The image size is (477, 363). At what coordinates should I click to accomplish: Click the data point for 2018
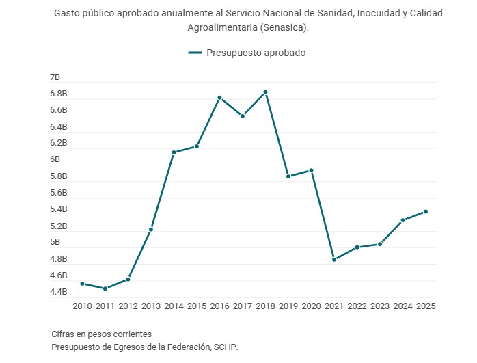[x=265, y=92]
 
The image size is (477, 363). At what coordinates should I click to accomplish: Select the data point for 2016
[x=219, y=98]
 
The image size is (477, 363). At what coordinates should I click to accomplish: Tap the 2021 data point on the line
[x=334, y=260]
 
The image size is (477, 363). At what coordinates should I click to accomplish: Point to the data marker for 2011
[x=105, y=288]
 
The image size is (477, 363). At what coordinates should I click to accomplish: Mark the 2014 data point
[x=174, y=152]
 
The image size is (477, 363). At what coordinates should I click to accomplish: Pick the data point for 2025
[x=426, y=211]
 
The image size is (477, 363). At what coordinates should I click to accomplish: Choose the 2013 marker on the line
[x=151, y=230]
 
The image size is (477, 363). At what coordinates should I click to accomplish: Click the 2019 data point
[x=288, y=176]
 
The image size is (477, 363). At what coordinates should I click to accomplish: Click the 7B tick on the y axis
[x=55, y=77]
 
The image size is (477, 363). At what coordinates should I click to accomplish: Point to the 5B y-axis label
[x=55, y=242]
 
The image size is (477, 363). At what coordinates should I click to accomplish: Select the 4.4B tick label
[x=58, y=292]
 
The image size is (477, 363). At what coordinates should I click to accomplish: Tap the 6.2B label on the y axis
[x=58, y=143]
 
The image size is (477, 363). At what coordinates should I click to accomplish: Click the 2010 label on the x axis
[x=82, y=306]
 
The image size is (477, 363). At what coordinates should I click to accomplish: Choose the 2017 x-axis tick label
[x=243, y=306]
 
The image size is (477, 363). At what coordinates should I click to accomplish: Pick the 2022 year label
[x=357, y=306]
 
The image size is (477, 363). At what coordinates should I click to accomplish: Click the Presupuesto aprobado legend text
[x=256, y=53]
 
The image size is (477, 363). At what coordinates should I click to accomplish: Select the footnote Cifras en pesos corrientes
[x=101, y=334]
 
